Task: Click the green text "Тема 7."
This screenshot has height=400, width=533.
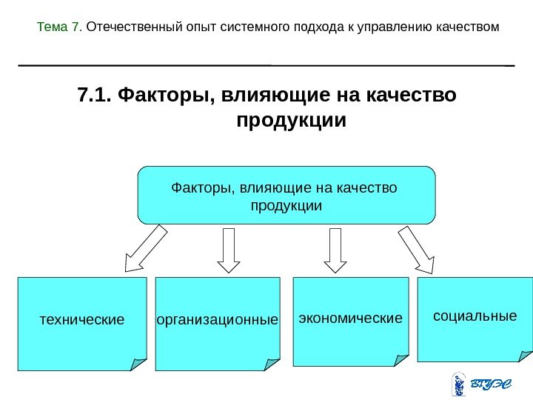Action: coord(60,27)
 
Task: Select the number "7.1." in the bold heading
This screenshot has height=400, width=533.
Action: coord(94,96)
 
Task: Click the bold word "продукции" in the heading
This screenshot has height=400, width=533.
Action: coord(290,119)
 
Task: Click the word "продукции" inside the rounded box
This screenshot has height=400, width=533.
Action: coord(286,204)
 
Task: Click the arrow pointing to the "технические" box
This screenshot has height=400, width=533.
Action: coord(146,249)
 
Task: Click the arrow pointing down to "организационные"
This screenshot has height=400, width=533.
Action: coord(229,250)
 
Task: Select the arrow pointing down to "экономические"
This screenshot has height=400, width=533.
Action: coord(335,250)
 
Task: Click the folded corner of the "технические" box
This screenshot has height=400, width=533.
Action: coord(138,364)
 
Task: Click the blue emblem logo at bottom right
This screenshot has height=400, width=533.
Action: coord(457,385)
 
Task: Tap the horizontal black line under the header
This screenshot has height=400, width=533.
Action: coord(266,65)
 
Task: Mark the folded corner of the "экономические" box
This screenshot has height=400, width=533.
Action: coord(400,360)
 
